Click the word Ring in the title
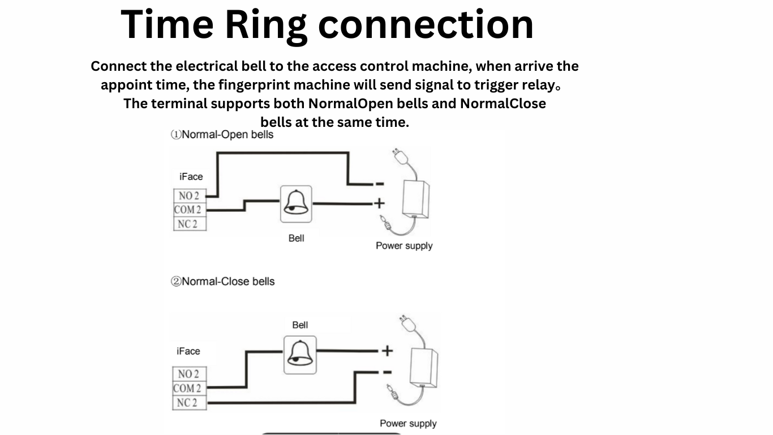(266, 25)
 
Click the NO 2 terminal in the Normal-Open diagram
(189, 196)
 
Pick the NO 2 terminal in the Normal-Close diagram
(188, 374)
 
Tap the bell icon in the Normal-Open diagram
(296, 204)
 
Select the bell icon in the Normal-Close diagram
(300, 355)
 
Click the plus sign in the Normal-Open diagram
(378, 203)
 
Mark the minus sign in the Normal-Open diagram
(379, 184)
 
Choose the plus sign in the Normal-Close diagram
(387, 351)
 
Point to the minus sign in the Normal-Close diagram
(387, 372)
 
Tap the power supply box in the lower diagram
(424, 366)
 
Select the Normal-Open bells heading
(222, 135)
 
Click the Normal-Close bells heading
(223, 282)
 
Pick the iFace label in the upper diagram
(191, 177)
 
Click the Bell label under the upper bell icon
(296, 238)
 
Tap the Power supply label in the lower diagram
(408, 423)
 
